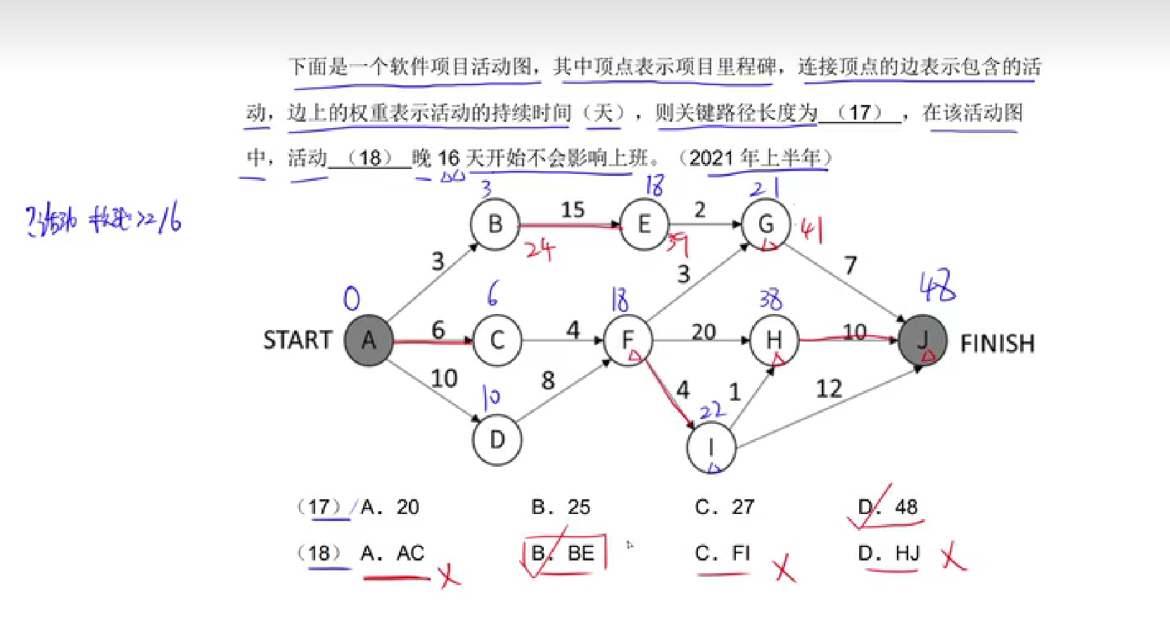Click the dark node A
[x=368, y=341]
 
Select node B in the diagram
[x=495, y=225]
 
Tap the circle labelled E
[x=644, y=225]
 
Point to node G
[x=765, y=225]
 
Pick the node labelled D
[x=497, y=440]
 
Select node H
[x=774, y=340]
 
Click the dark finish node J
[x=922, y=341]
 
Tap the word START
[x=298, y=340]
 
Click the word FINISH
[x=997, y=344]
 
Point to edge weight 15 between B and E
[x=573, y=209]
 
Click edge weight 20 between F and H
[x=704, y=332]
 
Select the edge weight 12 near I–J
[x=829, y=389]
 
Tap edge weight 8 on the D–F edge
[x=548, y=381]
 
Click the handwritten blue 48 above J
[x=938, y=285]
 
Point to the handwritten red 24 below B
[x=540, y=249]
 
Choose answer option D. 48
[x=888, y=507]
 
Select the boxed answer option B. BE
[x=564, y=553]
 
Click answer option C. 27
[x=725, y=507]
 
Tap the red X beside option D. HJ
[x=953, y=556]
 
